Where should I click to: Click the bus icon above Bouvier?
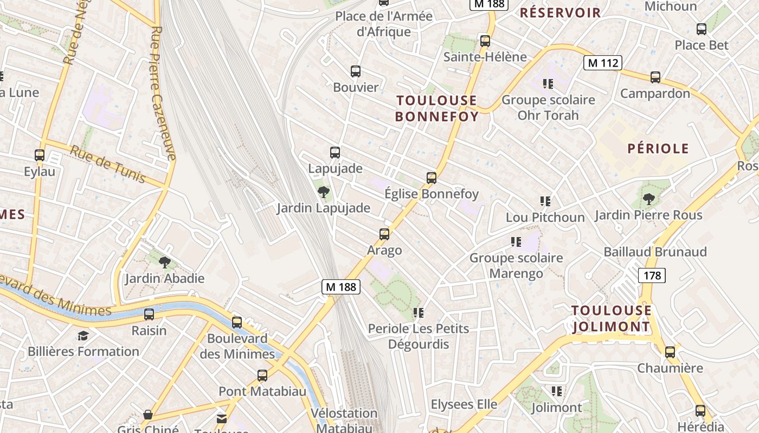pyautogui.click(x=356, y=71)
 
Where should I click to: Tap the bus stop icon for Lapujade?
pyautogui.click(x=335, y=153)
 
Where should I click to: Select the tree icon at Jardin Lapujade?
pyautogui.click(x=324, y=192)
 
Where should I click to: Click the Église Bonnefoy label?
pyautogui.click(x=432, y=194)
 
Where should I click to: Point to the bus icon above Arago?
pyautogui.click(x=384, y=234)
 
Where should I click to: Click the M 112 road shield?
pyautogui.click(x=603, y=63)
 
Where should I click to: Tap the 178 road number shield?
pyautogui.click(x=652, y=275)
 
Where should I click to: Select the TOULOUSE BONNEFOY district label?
pyautogui.click(x=436, y=108)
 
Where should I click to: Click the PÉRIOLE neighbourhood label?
pyautogui.click(x=658, y=149)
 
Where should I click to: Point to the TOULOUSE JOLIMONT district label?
pyautogui.click(x=612, y=318)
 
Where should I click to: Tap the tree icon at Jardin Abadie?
pyautogui.click(x=165, y=263)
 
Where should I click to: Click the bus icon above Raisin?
pyautogui.click(x=149, y=314)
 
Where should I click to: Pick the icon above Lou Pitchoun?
pyautogui.click(x=545, y=201)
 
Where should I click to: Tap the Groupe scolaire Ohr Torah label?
pyautogui.click(x=548, y=107)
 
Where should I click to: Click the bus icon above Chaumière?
pyautogui.click(x=670, y=352)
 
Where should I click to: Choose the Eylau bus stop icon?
pyautogui.click(x=40, y=155)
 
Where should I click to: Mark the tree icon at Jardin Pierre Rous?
pyautogui.click(x=648, y=199)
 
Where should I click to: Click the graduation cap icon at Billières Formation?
pyautogui.click(x=83, y=336)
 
